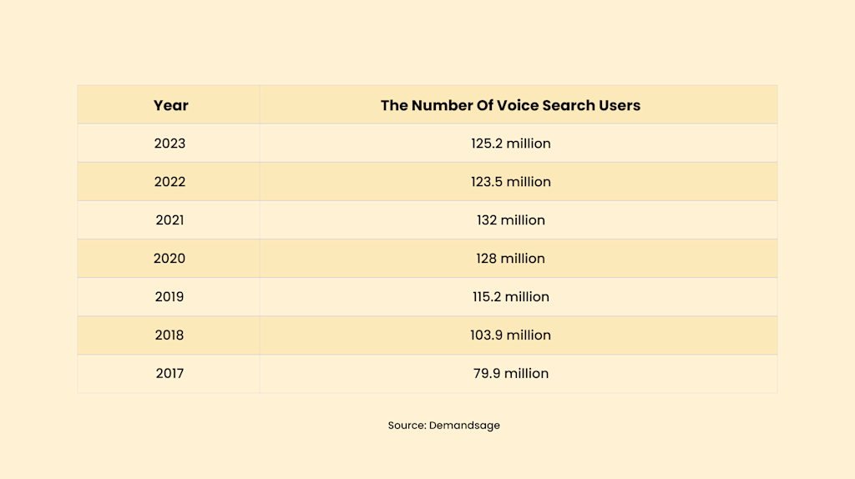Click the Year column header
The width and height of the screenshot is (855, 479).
170,105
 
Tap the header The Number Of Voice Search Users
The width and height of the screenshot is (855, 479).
510,105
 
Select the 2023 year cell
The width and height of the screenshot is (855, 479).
169,144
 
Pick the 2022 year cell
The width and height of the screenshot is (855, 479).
169,182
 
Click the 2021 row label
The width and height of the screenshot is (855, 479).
169,220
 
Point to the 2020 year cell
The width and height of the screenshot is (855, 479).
169,259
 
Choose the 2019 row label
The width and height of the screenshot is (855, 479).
169,297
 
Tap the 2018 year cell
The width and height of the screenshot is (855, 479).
169,335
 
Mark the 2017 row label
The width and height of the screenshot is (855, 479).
169,374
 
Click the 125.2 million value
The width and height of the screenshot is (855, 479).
510,144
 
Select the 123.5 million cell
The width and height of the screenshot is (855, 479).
510,182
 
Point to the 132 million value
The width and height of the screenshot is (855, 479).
510,220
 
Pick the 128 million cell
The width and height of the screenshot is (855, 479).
510,259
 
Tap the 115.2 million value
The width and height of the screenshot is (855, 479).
510,297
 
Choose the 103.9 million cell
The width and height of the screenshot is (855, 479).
510,335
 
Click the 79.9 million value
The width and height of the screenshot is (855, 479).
510,374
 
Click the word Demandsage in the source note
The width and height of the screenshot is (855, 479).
464,426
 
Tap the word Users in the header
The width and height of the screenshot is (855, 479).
620,105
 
